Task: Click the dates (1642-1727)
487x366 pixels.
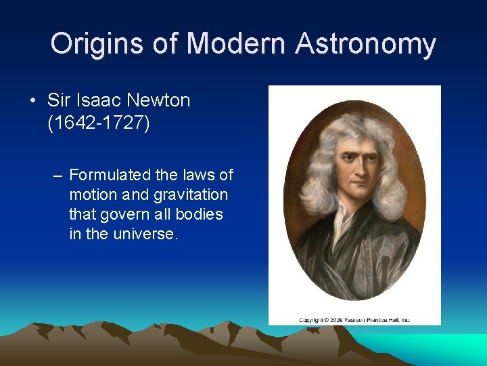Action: (98, 124)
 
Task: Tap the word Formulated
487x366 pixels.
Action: (110, 175)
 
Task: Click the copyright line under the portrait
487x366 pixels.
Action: (354, 319)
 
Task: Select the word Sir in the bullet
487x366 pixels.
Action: (59, 100)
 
